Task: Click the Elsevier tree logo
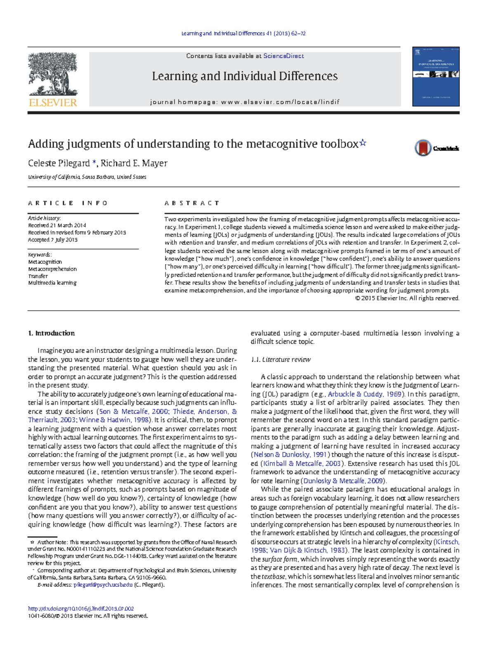tap(52, 74)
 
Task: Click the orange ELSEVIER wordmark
tap(53, 103)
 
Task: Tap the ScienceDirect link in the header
tap(283, 56)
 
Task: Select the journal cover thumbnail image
tap(436, 76)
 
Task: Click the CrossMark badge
tap(436, 148)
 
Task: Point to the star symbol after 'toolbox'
tap(363, 143)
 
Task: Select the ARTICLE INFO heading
tap(68, 203)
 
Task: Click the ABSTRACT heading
tap(192, 203)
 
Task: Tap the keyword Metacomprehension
tap(52, 269)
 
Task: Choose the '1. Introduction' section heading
tap(51, 333)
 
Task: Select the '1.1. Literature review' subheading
tap(280, 359)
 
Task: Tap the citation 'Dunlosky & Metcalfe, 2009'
tap(343, 481)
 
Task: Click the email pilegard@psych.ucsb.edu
tap(103, 584)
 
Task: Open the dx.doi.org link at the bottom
tap(81, 608)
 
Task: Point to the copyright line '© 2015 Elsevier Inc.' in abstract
tap(407, 298)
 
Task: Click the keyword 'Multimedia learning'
tap(52, 283)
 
